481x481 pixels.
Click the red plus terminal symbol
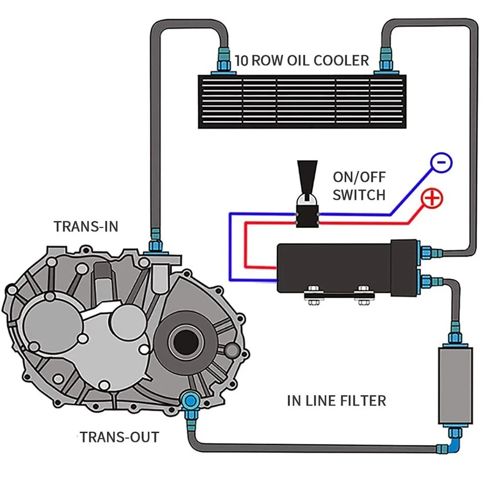(431, 199)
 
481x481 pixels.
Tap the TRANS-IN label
(86, 226)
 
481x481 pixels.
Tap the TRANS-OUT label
(119, 437)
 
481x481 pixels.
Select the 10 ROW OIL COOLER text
(302, 61)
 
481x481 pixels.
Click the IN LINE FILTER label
(336, 401)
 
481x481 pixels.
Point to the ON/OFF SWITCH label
(359, 185)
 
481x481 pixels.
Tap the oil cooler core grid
(302, 102)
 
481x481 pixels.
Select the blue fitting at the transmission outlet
(190, 401)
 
